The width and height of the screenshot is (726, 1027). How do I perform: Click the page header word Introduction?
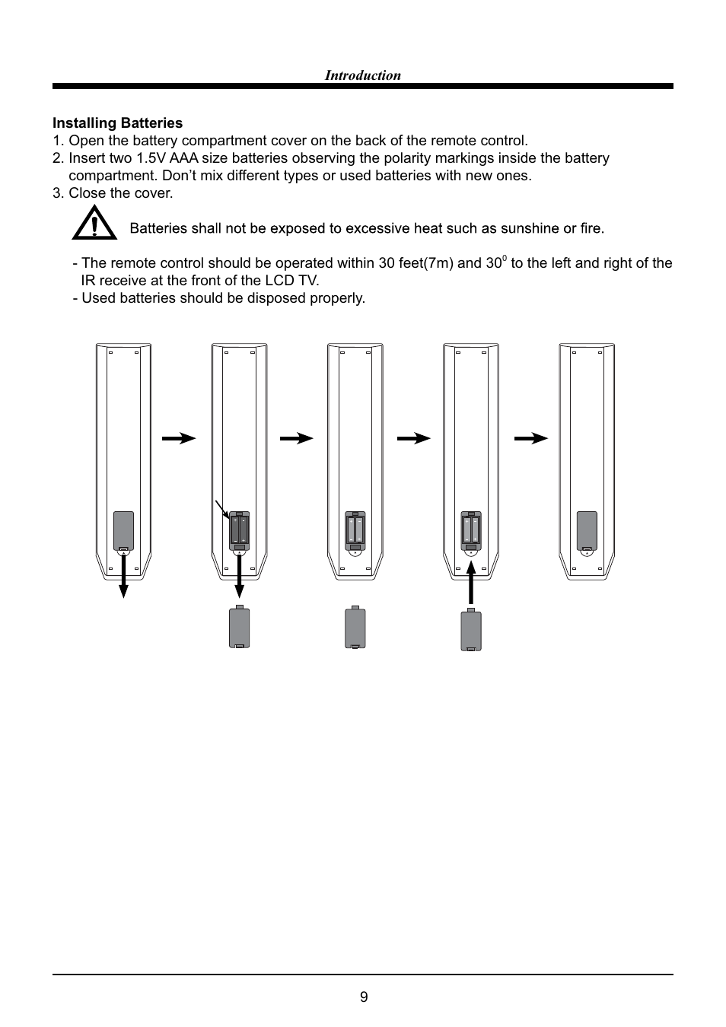362,75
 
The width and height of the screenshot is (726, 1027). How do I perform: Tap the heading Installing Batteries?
117,123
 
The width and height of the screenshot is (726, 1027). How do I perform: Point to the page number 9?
363,997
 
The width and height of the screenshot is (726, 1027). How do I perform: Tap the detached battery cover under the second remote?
239,628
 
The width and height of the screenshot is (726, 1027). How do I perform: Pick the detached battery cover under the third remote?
355,628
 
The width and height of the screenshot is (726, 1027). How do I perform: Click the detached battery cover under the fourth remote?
471,630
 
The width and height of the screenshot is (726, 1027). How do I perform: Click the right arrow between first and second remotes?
179,438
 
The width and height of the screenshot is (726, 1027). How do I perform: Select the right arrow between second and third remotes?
296,438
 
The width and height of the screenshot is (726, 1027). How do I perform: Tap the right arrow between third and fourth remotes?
413,438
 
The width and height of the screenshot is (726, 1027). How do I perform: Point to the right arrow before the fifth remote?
530,438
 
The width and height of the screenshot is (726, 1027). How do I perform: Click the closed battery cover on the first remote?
123,530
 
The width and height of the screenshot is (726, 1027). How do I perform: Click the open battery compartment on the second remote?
239,529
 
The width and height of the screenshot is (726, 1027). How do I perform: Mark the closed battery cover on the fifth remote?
587,530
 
